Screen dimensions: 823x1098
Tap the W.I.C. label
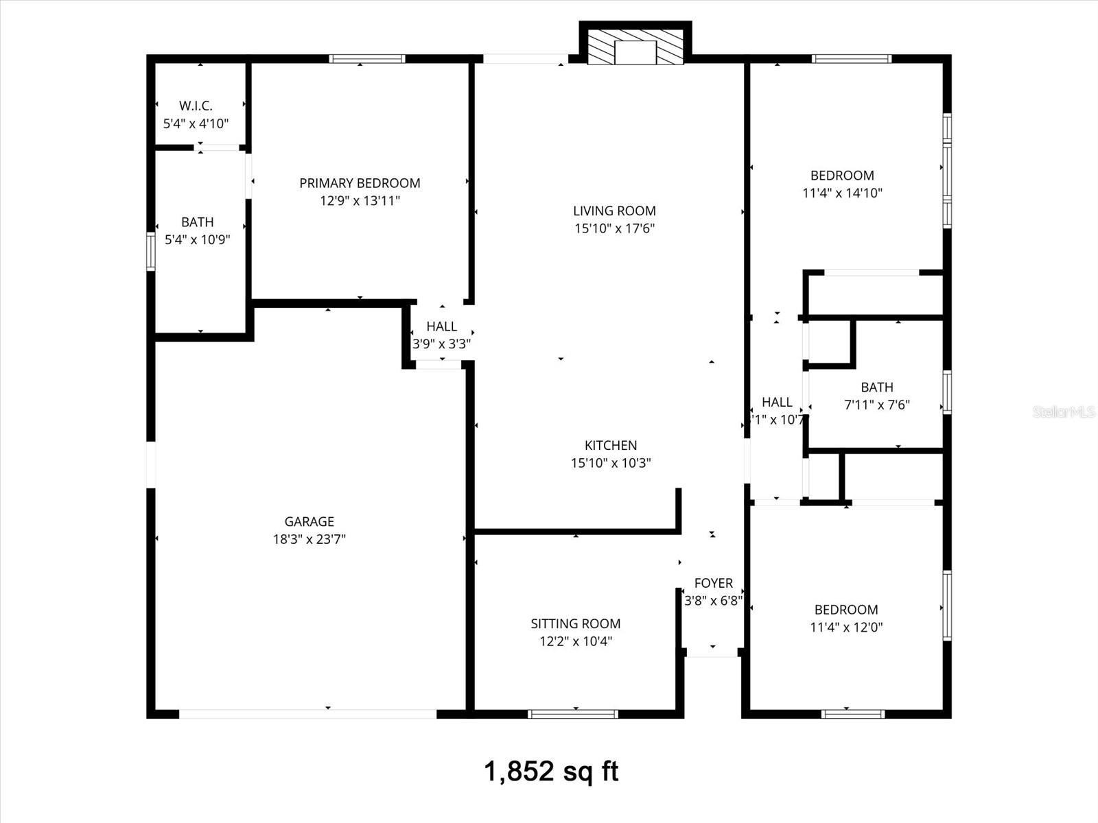click(x=196, y=106)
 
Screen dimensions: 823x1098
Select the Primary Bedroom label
click(x=360, y=183)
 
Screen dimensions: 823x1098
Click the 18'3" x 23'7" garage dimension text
click(x=309, y=540)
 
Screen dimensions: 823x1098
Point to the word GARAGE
click(x=309, y=522)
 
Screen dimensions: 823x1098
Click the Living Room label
click(x=615, y=211)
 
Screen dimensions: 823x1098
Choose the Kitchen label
click(x=611, y=446)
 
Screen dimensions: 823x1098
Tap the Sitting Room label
click(x=576, y=624)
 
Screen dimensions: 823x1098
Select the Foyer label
click(x=714, y=584)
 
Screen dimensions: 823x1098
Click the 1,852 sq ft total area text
click(x=552, y=772)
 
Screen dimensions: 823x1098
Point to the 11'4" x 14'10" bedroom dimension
click(x=843, y=193)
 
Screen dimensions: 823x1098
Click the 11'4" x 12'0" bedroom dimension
click(x=846, y=628)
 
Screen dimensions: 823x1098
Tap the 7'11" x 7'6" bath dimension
click(x=877, y=405)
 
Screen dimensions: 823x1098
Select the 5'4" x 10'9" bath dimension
click(x=198, y=240)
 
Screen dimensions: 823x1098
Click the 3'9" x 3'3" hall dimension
click(x=442, y=344)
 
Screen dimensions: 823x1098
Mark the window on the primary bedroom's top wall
click(x=367, y=59)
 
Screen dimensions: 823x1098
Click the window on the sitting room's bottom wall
click(x=574, y=715)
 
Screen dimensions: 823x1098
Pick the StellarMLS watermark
click(x=1064, y=412)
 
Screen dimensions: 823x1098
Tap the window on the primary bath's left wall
click(x=151, y=252)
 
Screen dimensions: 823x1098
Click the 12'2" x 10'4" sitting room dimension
click(x=576, y=642)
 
